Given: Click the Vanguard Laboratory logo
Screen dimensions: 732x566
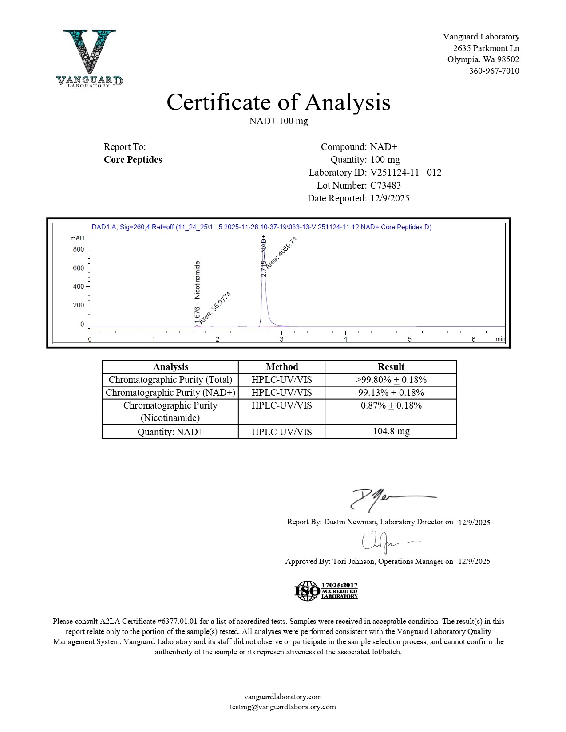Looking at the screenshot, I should pos(90,58).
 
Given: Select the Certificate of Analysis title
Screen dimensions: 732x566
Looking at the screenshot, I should pos(278,102).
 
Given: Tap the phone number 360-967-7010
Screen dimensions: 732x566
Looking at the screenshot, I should pos(494,71).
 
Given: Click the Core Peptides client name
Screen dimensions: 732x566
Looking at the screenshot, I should pos(133,160).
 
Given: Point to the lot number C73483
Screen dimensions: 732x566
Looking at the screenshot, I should pos(385,185).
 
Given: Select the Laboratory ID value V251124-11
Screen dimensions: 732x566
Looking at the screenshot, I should pos(394,173).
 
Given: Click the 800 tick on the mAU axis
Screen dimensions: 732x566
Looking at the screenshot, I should pos(79,249).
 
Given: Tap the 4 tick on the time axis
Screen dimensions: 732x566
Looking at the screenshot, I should pos(345,339).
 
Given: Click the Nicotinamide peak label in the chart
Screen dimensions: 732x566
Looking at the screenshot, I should pos(198,279).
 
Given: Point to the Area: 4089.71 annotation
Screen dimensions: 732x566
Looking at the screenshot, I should pos(281,253).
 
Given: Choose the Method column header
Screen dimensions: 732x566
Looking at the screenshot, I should pos(281,367).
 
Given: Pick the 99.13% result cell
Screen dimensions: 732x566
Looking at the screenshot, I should pos(391,393).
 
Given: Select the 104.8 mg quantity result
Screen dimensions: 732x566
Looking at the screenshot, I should pos(391,431).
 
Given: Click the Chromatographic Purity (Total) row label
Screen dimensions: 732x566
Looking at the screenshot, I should pos(170,380).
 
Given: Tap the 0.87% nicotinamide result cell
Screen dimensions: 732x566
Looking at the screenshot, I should pos(391,405).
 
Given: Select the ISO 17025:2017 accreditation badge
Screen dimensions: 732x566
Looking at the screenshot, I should pos(326,591).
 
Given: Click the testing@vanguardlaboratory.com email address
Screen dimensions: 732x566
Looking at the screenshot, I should pos(283,707).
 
